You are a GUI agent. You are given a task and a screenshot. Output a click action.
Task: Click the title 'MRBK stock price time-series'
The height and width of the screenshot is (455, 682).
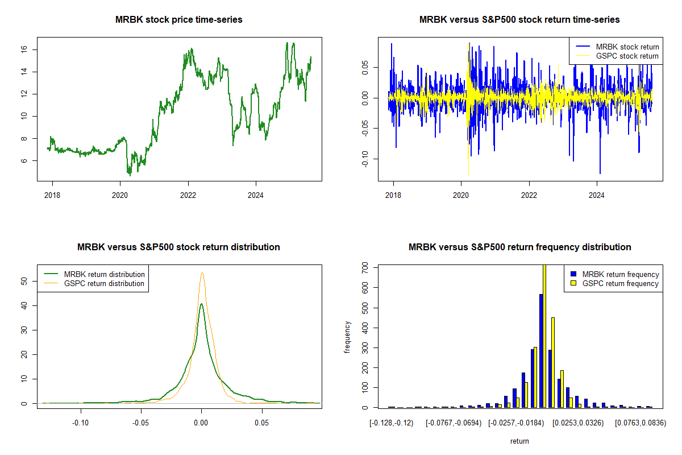pos(179,20)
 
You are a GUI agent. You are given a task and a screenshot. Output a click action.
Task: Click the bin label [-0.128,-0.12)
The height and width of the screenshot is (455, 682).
pos(392,423)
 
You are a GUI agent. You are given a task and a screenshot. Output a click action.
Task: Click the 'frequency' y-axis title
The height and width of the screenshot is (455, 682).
pos(348,338)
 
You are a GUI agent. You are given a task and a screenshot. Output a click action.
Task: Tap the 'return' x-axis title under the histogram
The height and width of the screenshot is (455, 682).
pos(519,441)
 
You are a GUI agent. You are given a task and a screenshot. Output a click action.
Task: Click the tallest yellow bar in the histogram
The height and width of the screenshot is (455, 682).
pos(544,336)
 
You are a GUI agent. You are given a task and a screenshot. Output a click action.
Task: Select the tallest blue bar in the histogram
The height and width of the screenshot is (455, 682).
pos(541,350)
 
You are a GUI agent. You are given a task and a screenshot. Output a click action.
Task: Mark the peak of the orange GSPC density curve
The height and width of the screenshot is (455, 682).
pos(202,273)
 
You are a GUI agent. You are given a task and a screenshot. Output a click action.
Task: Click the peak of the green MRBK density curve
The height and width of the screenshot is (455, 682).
pos(201,304)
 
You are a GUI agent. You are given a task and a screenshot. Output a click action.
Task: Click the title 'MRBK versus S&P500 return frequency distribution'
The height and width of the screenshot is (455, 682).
pos(519,247)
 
